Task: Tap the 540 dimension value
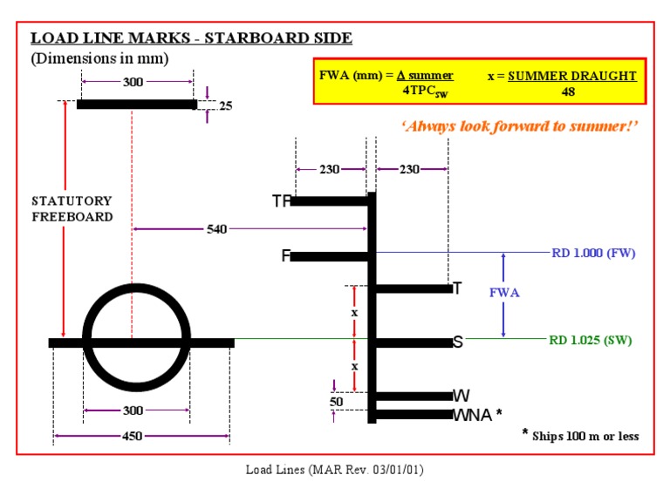tap(216, 229)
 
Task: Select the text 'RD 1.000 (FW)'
tap(593, 253)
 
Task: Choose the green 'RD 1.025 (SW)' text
tap(591, 340)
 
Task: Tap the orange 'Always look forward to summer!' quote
tap(520, 126)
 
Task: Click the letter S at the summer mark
tap(457, 343)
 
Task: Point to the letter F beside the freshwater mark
tap(285, 256)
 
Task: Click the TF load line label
tap(280, 201)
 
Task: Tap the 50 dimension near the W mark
tap(336, 402)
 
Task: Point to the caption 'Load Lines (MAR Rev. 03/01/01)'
tap(334, 470)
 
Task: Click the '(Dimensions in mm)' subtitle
tap(99, 58)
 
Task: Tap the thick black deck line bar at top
tap(136, 105)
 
